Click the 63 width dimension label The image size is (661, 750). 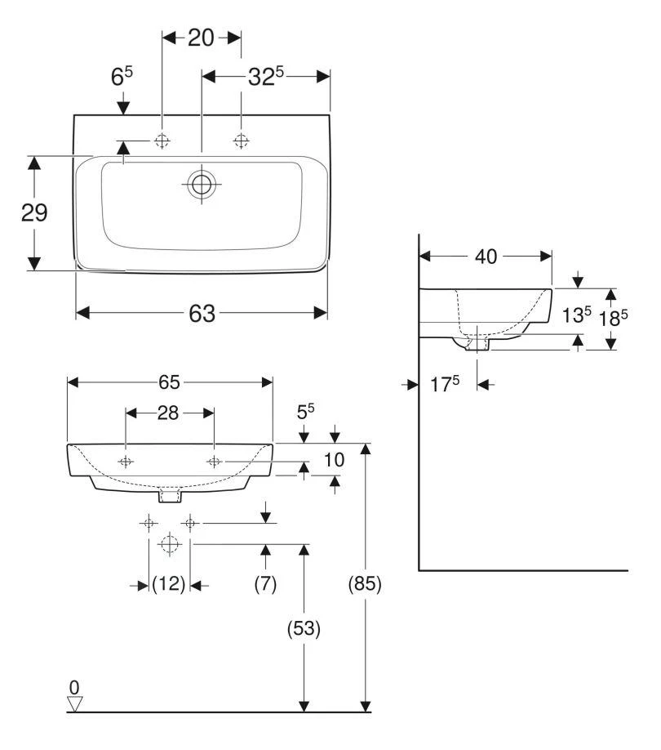click(202, 313)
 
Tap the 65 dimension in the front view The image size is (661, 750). click(170, 382)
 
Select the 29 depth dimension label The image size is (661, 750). click(33, 213)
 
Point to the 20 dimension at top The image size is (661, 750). click(201, 38)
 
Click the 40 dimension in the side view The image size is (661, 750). click(486, 257)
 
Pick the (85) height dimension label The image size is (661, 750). click(365, 584)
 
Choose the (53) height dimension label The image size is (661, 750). click(304, 628)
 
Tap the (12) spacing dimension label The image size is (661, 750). click(169, 584)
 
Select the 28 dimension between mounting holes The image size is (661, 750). click(168, 413)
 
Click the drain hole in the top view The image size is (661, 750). click(201, 184)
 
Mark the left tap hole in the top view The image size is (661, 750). click(162, 141)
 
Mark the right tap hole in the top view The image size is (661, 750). click(241, 141)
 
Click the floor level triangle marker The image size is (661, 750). click(75, 703)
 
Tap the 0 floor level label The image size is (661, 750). click(74, 686)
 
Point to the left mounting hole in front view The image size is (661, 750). click(126, 462)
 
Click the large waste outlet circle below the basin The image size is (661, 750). click(169, 543)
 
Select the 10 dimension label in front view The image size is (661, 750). click(334, 461)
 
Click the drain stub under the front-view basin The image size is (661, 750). click(170, 495)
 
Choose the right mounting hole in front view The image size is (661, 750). click(214, 462)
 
